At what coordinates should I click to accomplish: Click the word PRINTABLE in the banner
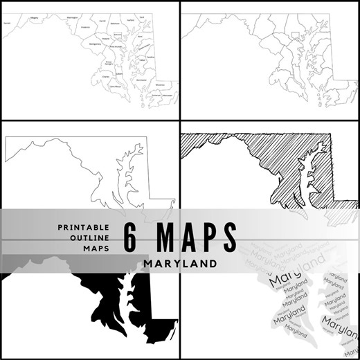tap(83, 226)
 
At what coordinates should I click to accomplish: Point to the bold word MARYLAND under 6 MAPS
tap(179, 264)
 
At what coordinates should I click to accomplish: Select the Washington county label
tap(71, 17)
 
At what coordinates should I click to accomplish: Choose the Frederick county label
tap(86, 27)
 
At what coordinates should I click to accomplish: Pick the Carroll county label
tap(102, 21)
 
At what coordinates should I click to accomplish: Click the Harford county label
tap(129, 21)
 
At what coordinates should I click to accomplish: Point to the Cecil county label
tap(142, 16)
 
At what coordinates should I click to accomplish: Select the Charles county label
tap(105, 76)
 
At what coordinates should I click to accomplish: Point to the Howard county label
tap(106, 39)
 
